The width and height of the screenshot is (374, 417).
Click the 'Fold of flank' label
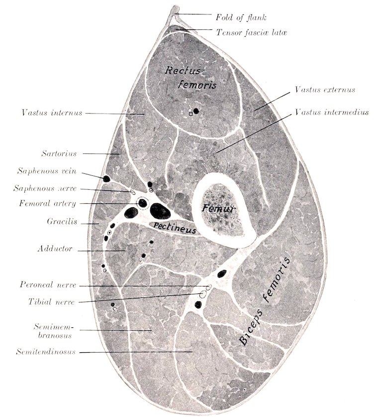click(241, 17)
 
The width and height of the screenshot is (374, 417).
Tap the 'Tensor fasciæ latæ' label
click(251, 32)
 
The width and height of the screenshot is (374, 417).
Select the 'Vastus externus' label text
click(325, 90)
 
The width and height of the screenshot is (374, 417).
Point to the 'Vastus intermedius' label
click(332, 112)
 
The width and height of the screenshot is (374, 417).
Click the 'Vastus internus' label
click(52, 113)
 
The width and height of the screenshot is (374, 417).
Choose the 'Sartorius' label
click(59, 153)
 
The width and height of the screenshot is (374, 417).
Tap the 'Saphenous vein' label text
click(47, 171)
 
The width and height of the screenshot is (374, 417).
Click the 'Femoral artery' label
click(48, 203)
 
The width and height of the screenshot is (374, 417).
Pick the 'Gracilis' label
click(62, 221)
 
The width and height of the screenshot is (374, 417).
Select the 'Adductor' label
click(55, 249)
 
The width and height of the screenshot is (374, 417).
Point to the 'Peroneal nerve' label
click(48, 284)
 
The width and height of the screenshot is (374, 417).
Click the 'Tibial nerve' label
click(52, 302)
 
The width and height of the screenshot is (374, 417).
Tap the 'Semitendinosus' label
click(46, 352)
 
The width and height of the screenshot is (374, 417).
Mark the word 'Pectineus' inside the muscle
click(175, 228)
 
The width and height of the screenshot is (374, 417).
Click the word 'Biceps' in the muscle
click(251, 327)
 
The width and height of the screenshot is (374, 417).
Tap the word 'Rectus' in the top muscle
click(183, 71)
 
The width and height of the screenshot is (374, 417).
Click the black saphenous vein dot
click(106, 179)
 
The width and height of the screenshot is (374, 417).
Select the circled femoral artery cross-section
click(143, 203)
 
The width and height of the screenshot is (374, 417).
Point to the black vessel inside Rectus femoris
click(196, 111)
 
